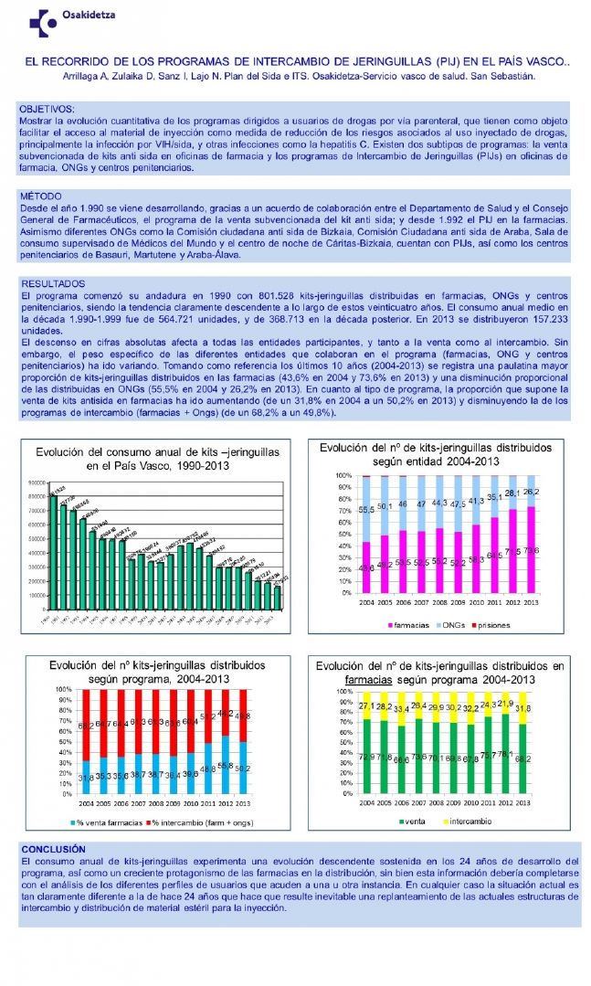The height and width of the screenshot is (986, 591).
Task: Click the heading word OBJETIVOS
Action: click(47, 109)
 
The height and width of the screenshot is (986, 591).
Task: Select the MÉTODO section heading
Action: click(41, 196)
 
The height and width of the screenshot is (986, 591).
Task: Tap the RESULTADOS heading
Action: click(52, 284)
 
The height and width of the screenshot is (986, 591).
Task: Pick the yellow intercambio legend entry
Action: click(477, 822)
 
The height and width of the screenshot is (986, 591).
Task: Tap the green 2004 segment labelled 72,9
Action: click(366, 756)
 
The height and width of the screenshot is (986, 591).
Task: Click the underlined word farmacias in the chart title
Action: click(375, 681)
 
